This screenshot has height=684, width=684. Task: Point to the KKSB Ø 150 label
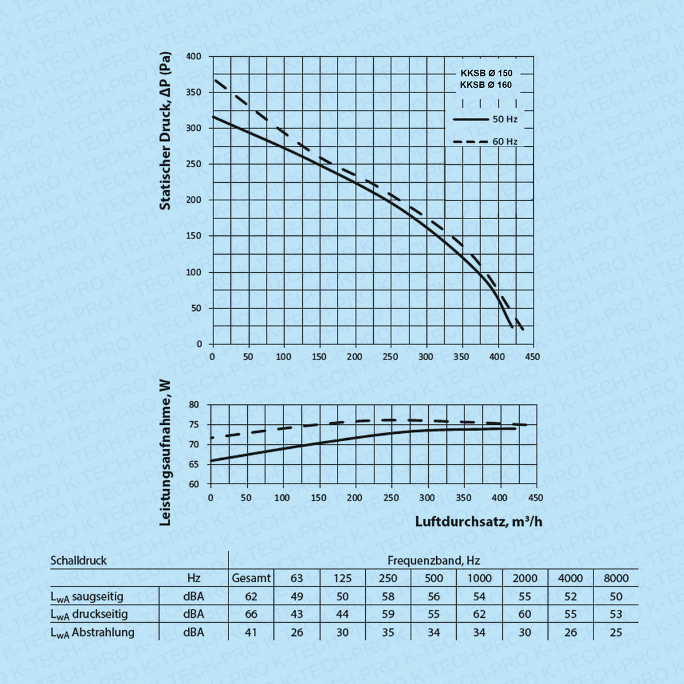(486, 73)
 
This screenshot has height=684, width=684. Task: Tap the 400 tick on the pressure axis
(194, 57)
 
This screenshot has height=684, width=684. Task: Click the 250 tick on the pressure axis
(194, 164)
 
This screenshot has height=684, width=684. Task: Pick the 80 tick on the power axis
(194, 405)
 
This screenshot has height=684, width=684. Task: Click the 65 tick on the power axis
(194, 464)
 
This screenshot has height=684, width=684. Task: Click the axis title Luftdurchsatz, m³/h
(479, 521)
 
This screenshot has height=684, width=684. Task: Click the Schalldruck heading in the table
(79, 560)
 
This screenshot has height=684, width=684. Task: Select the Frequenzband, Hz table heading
(433, 560)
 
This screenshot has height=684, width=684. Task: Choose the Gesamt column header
(251, 578)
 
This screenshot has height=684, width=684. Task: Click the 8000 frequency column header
(616, 578)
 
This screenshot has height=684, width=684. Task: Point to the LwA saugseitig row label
(87, 597)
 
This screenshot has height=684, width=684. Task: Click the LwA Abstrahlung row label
(92, 632)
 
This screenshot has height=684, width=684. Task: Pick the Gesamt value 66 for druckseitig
(251, 614)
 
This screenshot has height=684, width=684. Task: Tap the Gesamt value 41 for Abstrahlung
(251, 632)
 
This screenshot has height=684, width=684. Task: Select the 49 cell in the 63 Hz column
(297, 597)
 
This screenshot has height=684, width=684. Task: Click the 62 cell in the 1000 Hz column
(479, 614)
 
